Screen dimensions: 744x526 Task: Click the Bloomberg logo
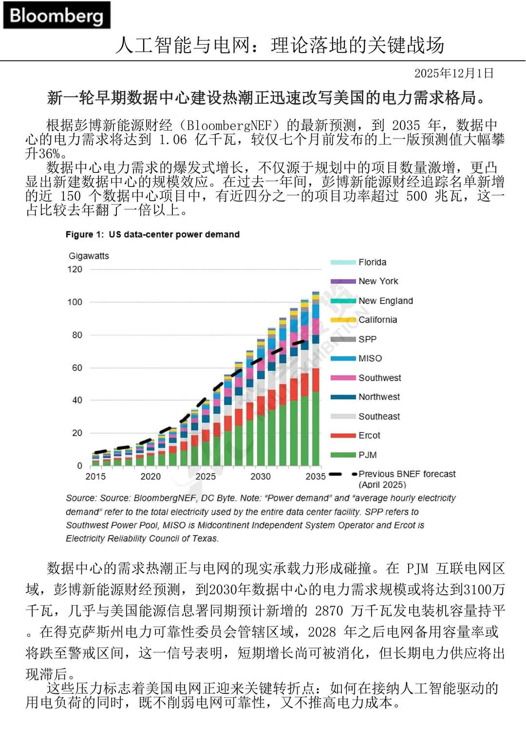(56, 16)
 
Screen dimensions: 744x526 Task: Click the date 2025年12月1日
(454, 74)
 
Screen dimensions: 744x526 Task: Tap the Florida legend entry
(372, 262)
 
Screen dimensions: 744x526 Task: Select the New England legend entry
(385, 301)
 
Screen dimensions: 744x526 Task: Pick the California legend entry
(377, 320)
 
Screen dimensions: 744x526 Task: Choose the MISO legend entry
(370, 358)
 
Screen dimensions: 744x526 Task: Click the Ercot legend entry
(369, 435)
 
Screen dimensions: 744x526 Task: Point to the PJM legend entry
(367, 455)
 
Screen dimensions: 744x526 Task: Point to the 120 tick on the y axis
(75, 269)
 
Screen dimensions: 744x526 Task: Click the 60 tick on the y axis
(77, 367)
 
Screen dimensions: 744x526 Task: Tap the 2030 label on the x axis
(261, 477)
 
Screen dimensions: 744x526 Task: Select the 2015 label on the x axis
(95, 477)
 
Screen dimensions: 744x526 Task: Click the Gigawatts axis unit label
(89, 256)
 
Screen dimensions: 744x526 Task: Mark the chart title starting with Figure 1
(152, 234)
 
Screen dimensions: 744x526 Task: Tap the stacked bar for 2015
(95, 460)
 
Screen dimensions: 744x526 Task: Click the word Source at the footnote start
(81, 498)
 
